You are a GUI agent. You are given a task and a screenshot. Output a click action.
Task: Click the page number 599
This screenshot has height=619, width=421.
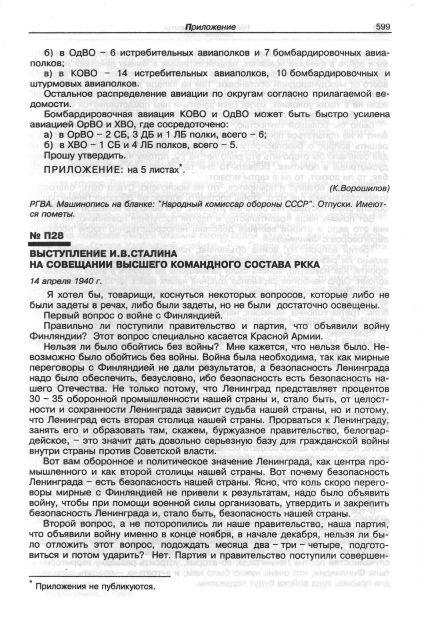click(x=382, y=27)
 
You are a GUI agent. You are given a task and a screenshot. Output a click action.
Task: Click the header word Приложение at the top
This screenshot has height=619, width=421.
click(x=210, y=27)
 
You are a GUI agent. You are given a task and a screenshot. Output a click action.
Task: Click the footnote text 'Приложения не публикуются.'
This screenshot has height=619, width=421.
click(x=94, y=587)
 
